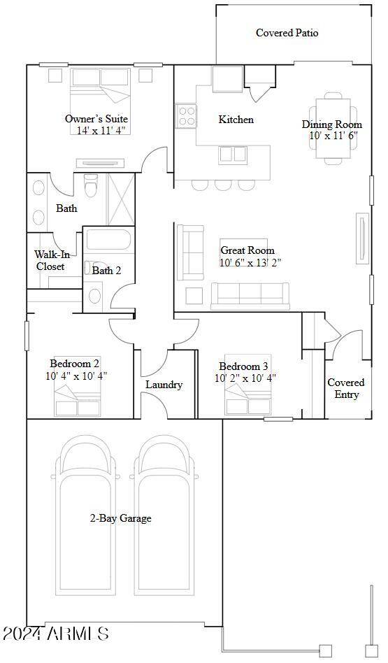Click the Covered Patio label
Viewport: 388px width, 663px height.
pos(287,33)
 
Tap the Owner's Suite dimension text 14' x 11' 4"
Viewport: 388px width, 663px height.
pos(101,130)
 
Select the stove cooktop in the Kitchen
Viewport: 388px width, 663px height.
pos(187,115)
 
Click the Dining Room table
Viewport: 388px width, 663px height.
pos(333,130)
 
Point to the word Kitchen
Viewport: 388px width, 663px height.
pos(236,120)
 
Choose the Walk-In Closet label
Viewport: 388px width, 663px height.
pos(50,261)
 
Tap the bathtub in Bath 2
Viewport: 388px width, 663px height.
pos(108,242)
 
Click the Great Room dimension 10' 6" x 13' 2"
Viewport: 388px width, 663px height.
pos(250,263)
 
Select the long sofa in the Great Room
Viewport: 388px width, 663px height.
pos(250,295)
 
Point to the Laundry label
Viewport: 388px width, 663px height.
pos(164,385)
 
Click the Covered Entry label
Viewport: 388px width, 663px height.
pos(346,388)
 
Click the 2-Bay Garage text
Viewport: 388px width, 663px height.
pos(120,518)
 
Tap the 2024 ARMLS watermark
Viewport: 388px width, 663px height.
pos(56,634)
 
